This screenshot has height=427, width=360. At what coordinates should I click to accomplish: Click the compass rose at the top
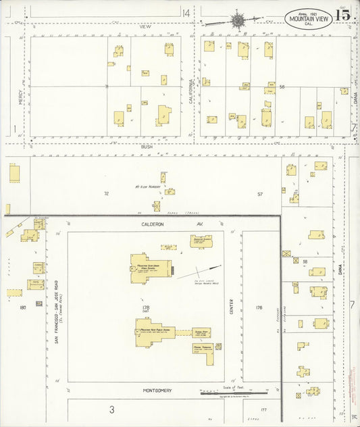point(238,20)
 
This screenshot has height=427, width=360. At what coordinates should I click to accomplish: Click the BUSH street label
point(147,146)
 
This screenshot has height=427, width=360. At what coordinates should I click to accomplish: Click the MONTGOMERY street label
point(157,391)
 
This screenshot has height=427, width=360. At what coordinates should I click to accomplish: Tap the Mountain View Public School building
point(161,332)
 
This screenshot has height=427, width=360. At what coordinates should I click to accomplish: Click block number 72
point(106,193)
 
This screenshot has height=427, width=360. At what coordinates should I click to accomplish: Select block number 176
point(258,307)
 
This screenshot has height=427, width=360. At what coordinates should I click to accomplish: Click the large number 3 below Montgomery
point(112,409)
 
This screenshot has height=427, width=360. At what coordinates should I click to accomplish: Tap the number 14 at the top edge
point(186,13)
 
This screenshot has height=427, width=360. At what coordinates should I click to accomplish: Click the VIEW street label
point(143,27)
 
